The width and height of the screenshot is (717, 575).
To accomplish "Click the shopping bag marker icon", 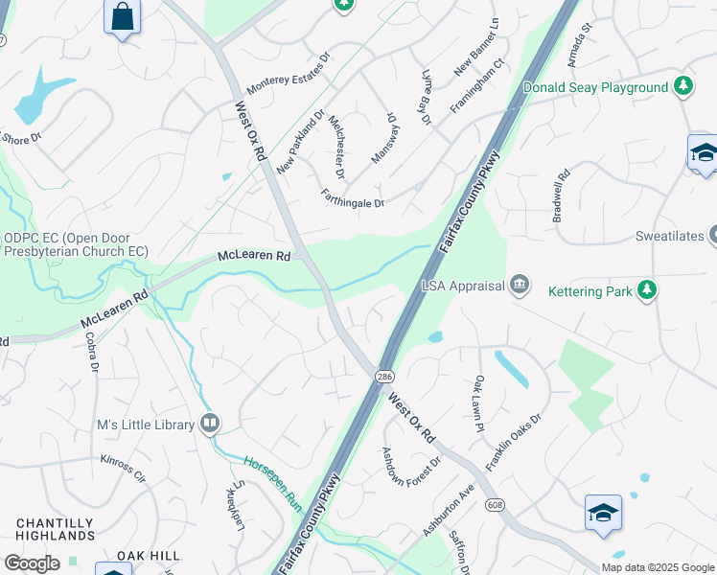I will point(122,16).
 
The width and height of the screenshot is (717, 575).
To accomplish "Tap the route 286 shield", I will point(384,376).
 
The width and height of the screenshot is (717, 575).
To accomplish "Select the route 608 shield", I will point(495,504).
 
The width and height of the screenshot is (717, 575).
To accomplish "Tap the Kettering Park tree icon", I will point(648,290).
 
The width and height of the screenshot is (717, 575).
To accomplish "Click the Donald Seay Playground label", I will point(595,88).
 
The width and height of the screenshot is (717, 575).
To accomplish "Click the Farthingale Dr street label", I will point(352,197).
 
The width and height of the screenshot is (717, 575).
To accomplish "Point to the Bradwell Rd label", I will point(562,196).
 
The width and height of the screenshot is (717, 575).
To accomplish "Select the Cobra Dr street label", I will point(94,354).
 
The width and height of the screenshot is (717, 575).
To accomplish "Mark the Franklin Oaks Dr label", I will point(514,441).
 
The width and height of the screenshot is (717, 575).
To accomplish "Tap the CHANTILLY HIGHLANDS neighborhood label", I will point(55,530).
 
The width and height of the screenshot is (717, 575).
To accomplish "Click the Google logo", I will point(32,563).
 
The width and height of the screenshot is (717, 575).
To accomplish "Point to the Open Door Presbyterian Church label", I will point(76,244).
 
